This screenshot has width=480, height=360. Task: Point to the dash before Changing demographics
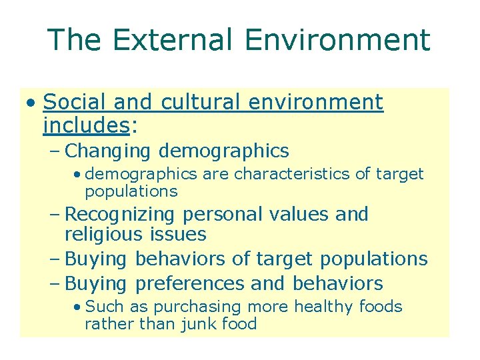[55, 151]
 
